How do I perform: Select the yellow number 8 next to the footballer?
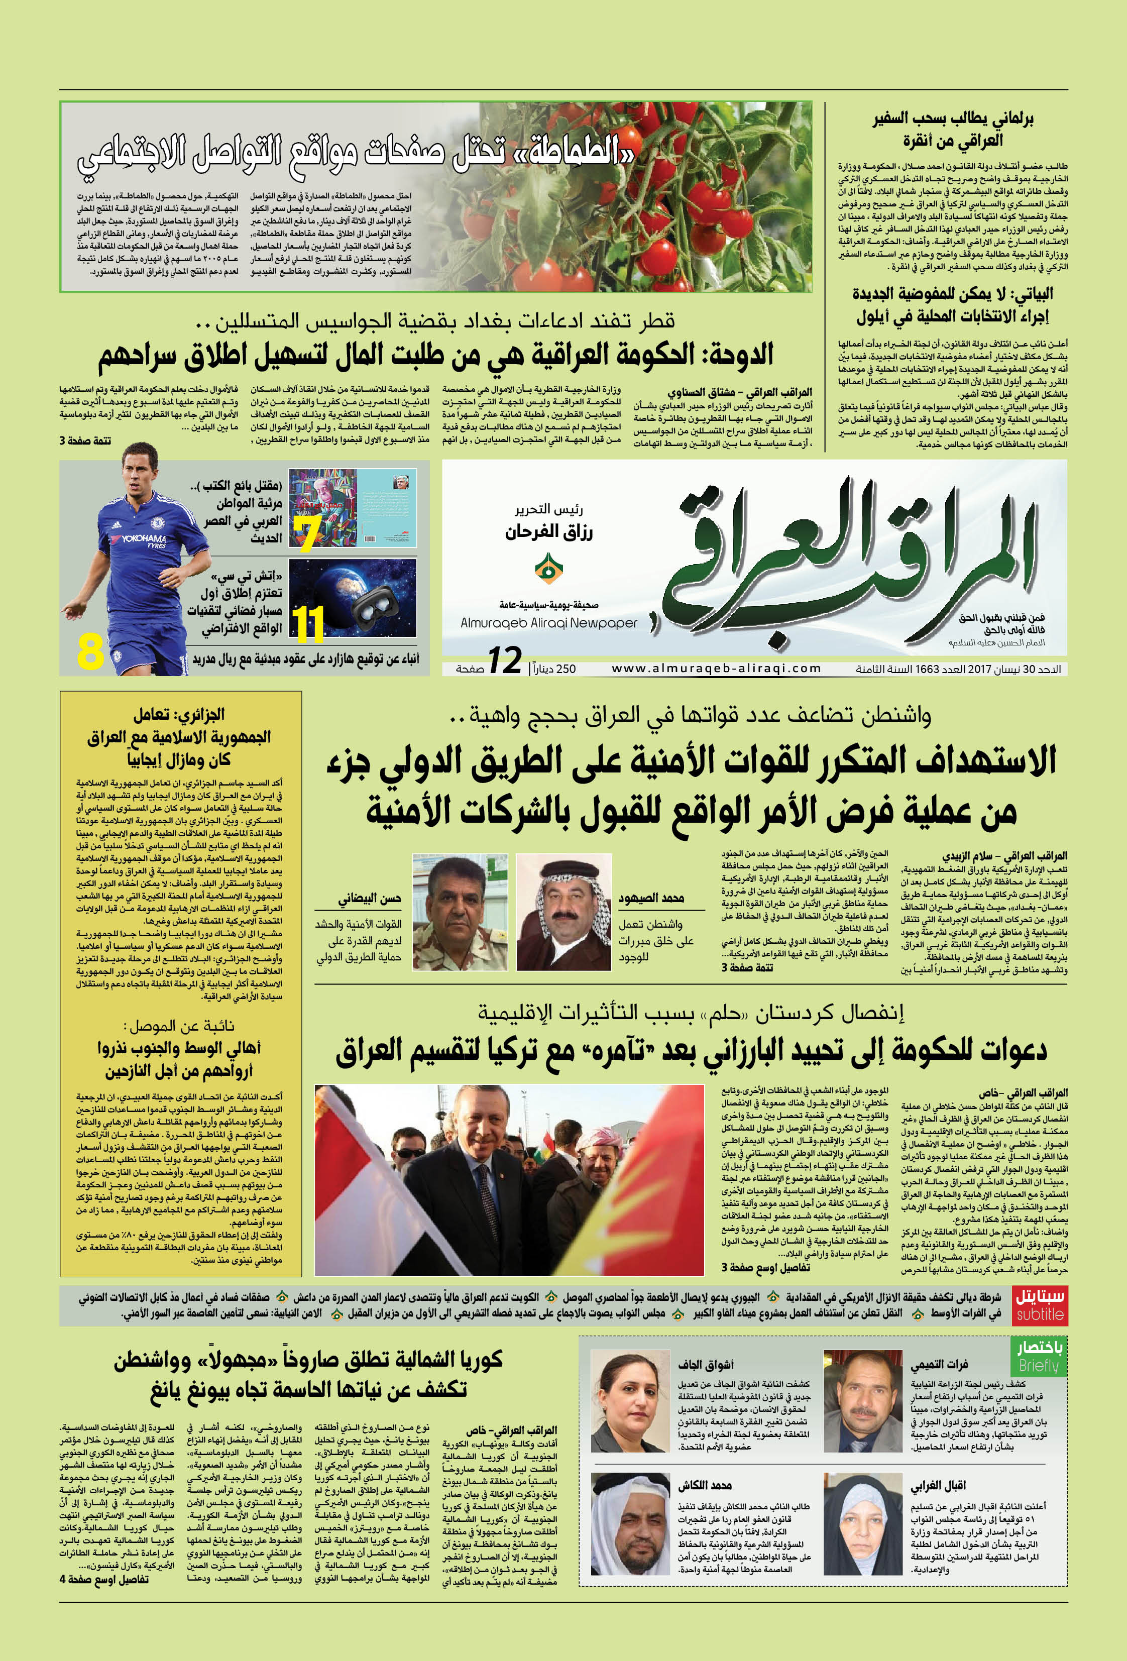pyautogui.click(x=91, y=651)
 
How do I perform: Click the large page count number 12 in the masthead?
pyautogui.click(x=505, y=661)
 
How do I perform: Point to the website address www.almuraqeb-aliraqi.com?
pyautogui.click(x=716, y=668)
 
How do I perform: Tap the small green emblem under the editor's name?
pyautogui.click(x=548, y=568)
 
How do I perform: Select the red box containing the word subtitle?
pyautogui.click(x=1040, y=1304)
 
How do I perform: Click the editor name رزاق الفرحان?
pyautogui.click(x=549, y=532)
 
